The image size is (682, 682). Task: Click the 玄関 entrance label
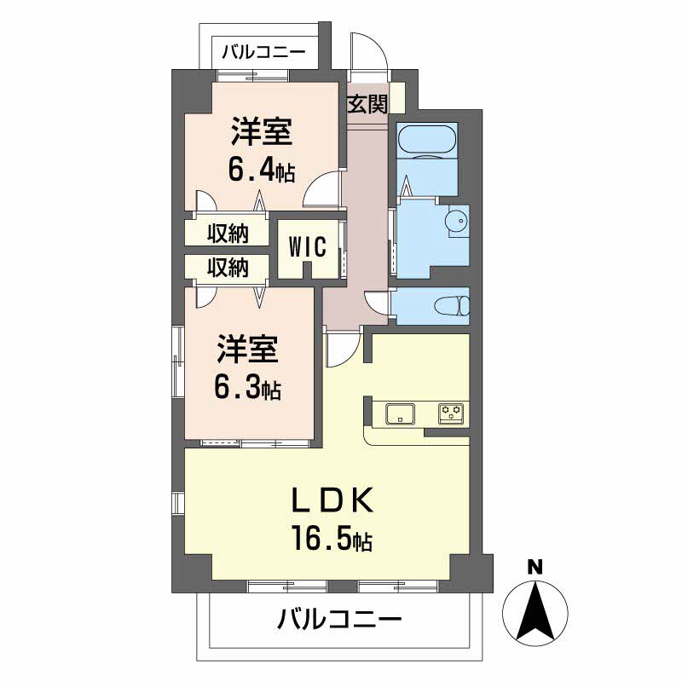(367, 105)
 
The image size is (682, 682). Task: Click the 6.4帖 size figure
(261, 170)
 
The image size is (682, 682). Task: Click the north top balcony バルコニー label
(263, 52)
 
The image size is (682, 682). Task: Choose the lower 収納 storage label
(228, 268)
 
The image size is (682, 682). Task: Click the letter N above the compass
(535, 566)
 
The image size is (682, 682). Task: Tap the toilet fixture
(451, 305)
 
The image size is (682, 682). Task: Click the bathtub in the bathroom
(427, 139)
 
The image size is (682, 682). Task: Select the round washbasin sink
(457, 222)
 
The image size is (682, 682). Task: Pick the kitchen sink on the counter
(399, 415)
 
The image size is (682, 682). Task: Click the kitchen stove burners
(451, 414)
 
